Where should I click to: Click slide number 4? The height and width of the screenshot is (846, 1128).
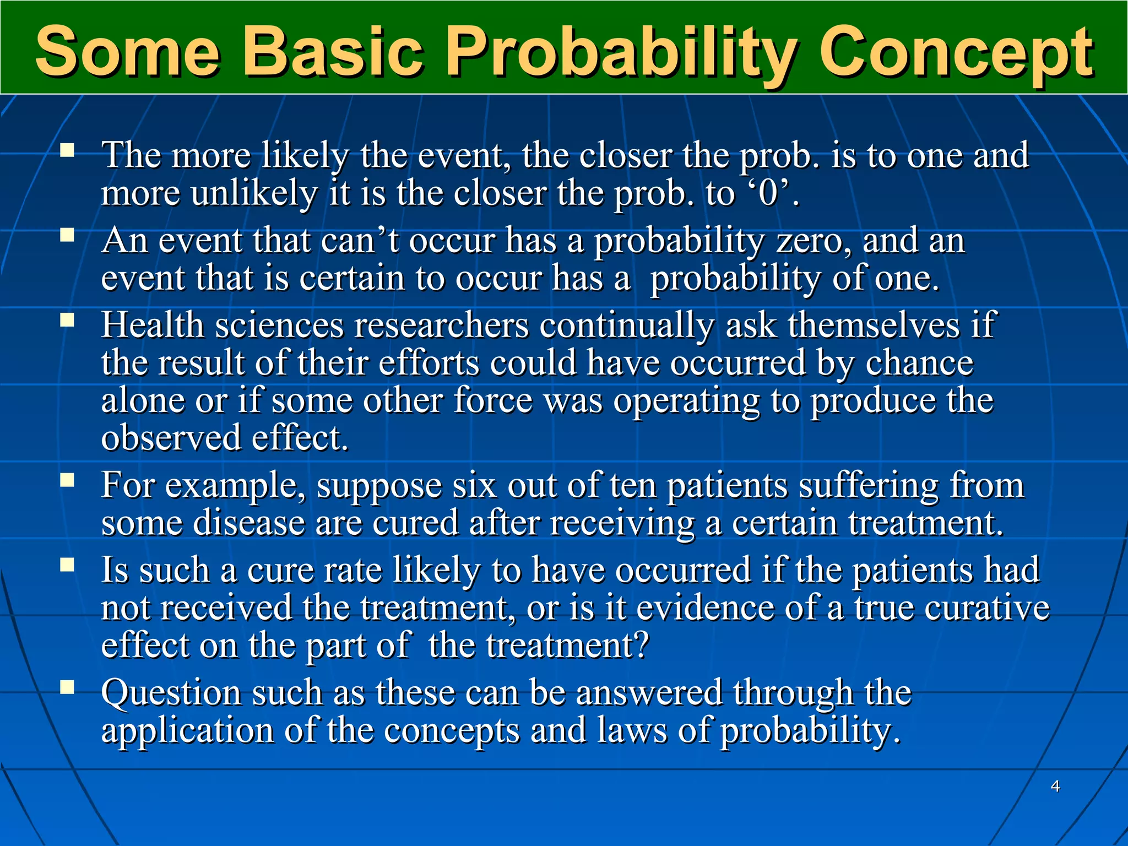[x=1055, y=786]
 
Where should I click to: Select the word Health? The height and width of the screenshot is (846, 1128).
[x=153, y=325]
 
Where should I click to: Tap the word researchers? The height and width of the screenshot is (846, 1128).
[x=441, y=325]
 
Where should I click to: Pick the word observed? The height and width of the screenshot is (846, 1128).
[x=171, y=438]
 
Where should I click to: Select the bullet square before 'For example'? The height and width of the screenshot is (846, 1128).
[x=67, y=481]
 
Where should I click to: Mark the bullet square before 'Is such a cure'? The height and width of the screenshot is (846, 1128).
[x=67, y=566]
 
